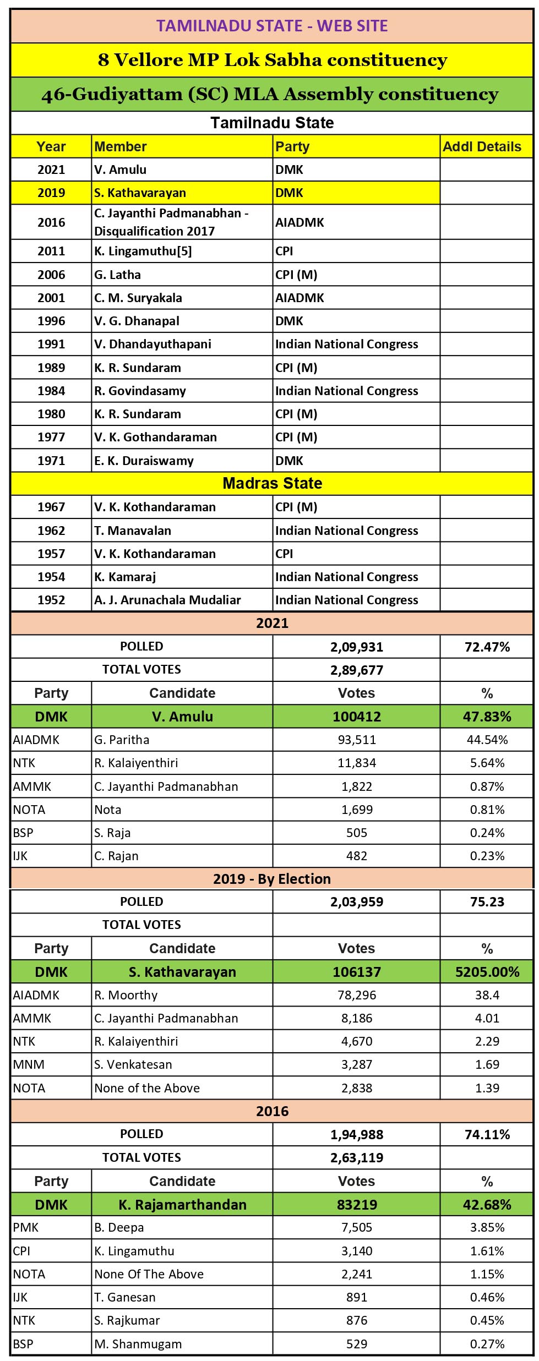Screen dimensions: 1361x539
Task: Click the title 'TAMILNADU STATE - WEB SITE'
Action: point(272,26)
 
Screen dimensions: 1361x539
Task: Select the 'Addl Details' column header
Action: point(482,146)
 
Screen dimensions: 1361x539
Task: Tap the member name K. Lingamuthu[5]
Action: point(143,251)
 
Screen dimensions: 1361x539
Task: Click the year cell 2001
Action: point(51,298)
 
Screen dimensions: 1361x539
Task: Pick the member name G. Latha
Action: point(117,275)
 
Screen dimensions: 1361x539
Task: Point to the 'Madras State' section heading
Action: point(272,483)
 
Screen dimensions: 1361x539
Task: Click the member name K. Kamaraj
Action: point(125,577)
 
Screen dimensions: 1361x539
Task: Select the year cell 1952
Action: point(51,600)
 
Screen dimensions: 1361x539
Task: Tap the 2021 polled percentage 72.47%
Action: point(487,647)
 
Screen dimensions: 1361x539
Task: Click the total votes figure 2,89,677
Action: point(357,670)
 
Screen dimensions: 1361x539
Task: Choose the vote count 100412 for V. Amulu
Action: point(357,717)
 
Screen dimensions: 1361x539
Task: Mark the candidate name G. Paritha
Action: point(122,740)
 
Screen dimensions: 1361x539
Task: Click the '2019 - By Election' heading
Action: point(272,879)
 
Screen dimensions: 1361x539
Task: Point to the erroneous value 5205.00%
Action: point(487,972)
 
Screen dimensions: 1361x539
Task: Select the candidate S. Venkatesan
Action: point(133,1064)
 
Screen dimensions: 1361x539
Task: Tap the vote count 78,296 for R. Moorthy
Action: point(357,995)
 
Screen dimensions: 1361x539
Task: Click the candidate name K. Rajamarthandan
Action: point(182,1205)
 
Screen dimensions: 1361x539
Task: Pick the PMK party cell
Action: point(26,1228)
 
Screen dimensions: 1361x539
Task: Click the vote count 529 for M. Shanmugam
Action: point(357,1344)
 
